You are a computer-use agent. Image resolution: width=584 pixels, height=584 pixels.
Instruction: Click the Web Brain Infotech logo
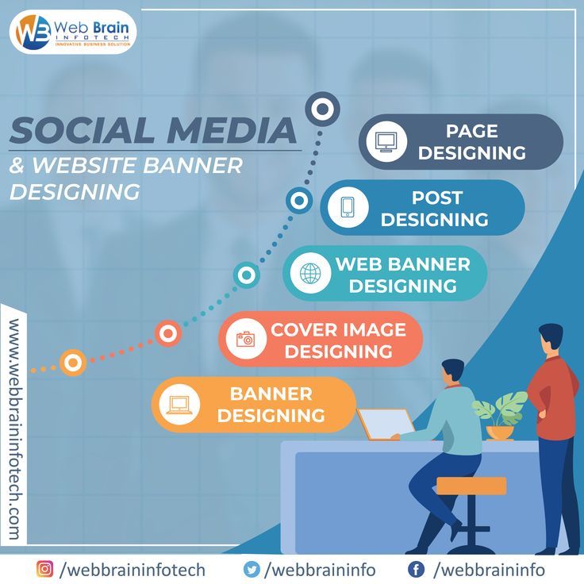[x=73, y=32]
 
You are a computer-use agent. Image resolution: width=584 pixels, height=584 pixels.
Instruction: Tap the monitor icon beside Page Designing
[x=386, y=142]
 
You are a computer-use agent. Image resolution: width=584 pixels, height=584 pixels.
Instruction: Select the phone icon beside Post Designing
[x=348, y=207]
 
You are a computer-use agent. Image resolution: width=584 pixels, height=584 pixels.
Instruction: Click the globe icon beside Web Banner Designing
[x=310, y=274]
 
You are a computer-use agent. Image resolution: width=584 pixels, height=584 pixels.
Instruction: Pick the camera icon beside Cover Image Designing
[x=246, y=339]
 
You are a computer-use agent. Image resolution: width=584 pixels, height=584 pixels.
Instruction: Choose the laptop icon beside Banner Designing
[x=179, y=405]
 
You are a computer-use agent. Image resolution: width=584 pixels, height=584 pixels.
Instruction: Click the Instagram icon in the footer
[x=44, y=570]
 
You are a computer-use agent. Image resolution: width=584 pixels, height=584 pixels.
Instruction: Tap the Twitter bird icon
[x=252, y=570]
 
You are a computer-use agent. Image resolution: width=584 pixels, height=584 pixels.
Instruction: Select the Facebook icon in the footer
[x=416, y=570]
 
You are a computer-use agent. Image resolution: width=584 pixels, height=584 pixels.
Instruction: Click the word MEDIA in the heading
[x=232, y=130]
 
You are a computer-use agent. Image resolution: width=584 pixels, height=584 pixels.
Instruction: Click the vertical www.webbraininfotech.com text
[x=15, y=429]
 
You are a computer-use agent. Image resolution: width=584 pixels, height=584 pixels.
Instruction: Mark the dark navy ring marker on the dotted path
[x=322, y=109]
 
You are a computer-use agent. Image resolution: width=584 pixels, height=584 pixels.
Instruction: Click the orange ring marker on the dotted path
[x=73, y=363]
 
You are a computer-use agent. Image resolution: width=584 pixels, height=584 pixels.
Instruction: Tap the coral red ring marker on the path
[x=168, y=333]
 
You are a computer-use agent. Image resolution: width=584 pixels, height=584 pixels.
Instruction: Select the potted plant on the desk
[x=500, y=415]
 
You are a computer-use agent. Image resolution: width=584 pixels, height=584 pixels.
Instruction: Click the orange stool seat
[x=471, y=486]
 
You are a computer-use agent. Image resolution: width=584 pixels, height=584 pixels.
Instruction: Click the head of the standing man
[x=551, y=339]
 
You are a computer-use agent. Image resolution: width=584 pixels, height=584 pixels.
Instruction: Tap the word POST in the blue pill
[x=437, y=198]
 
